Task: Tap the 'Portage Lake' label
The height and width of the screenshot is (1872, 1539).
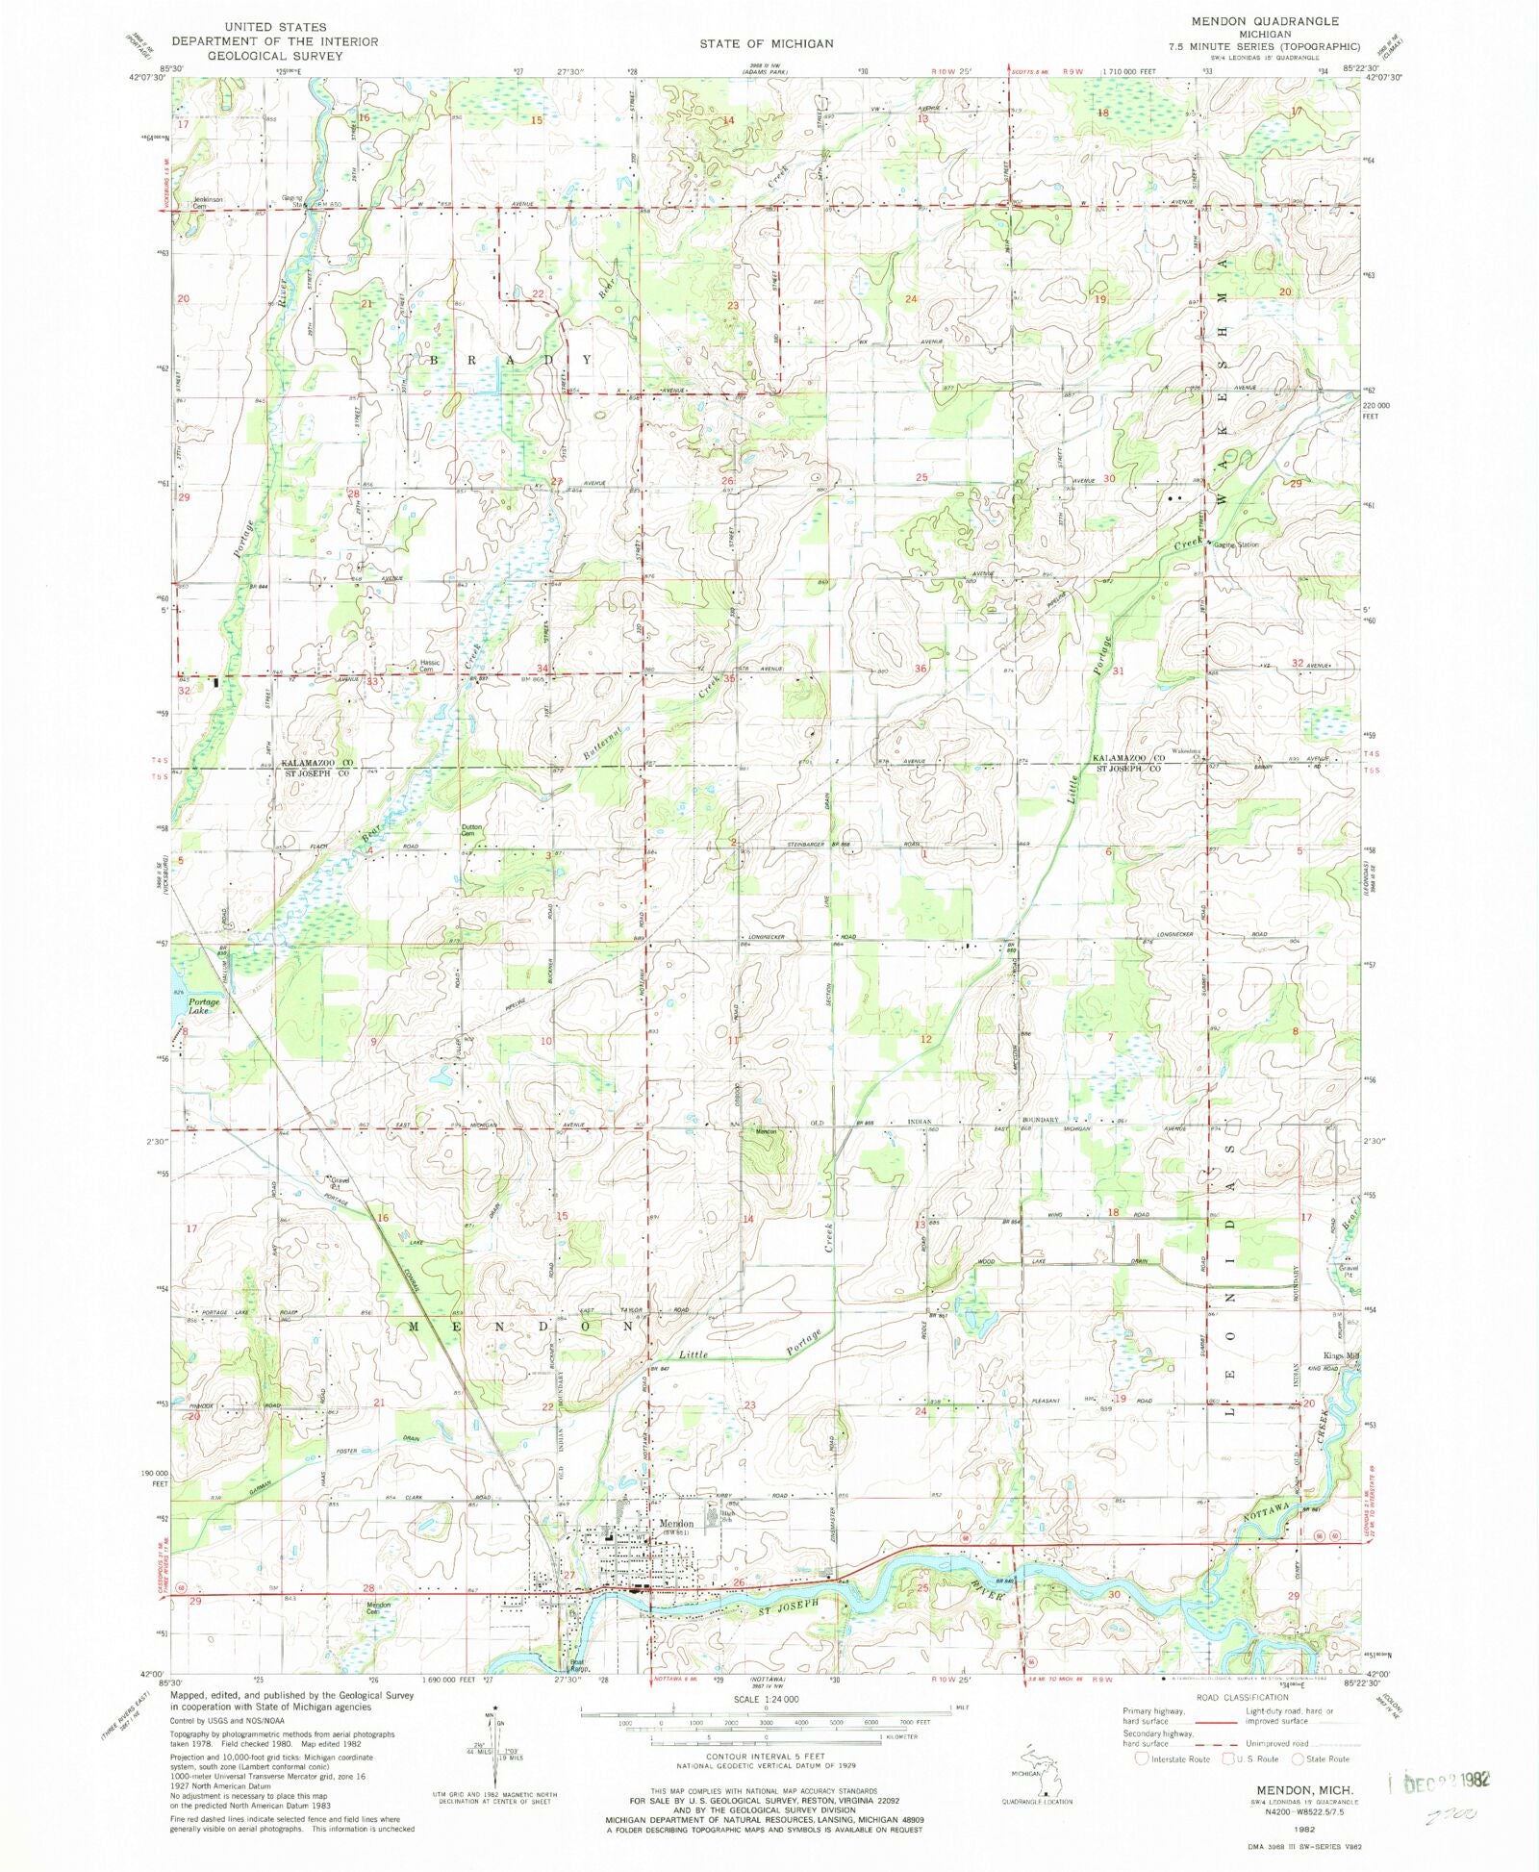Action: pyautogui.click(x=203, y=1006)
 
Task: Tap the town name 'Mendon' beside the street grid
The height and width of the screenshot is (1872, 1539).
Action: pyautogui.click(x=676, y=1524)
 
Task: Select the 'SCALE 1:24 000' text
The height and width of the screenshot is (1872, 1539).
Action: pyautogui.click(x=765, y=1700)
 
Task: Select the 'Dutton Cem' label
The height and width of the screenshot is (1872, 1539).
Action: pyautogui.click(x=471, y=830)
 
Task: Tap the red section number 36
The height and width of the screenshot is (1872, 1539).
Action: pyautogui.click(x=921, y=669)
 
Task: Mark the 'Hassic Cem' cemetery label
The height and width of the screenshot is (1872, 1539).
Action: pyautogui.click(x=429, y=666)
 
